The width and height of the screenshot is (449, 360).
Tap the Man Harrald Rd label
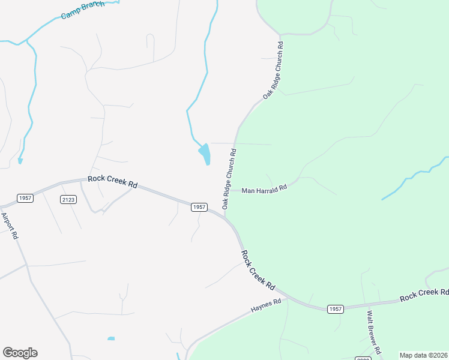click(x=264, y=190)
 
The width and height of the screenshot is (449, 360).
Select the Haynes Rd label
click(x=266, y=307)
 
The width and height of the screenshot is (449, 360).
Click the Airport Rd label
click(x=10, y=226)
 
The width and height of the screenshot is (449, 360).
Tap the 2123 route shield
click(x=68, y=199)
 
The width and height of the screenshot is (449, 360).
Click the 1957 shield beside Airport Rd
click(x=25, y=199)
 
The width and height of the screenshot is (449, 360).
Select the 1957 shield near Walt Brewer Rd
click(x=336, y=309)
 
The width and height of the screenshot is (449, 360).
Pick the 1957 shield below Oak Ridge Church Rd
click(x=199, y=207)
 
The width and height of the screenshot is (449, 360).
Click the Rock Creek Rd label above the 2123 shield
click(x=112, y=181)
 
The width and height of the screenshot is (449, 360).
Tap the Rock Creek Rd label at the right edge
click(x=424, y=295)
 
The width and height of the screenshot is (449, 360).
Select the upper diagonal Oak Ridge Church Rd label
click(x=273, y=71)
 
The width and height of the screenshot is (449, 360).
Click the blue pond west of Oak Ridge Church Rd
click(x=205, y=154)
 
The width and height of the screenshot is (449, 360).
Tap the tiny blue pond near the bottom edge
click(x=111, y=339)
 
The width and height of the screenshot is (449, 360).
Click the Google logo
click(x=20, y=353)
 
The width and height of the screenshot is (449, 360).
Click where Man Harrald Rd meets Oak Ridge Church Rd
click(x=226, y=191)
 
